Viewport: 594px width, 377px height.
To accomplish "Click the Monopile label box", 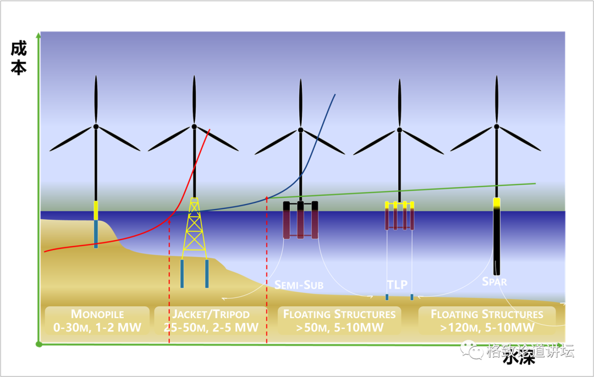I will click(97, 321).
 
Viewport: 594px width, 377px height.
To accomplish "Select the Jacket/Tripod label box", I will click(211, 321).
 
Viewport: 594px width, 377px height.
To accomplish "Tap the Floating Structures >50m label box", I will click(339, 321).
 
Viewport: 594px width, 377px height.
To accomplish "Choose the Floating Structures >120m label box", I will click(487, 321).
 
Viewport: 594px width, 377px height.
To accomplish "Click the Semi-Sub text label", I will click(299, 285).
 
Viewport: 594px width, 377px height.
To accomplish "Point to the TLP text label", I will click(397, 285).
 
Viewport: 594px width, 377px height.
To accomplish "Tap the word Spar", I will click(494, 282).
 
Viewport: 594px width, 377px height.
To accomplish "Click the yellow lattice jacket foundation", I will click(194, 228).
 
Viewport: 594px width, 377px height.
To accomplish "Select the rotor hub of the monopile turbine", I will click(96, 126).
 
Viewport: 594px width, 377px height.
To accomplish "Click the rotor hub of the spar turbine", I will click(496, 126).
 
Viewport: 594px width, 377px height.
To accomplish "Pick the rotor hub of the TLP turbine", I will click(399, 130).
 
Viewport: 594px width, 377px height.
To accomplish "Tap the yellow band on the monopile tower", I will click(96, 210).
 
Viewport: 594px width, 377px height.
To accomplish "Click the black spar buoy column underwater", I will click(497, 242).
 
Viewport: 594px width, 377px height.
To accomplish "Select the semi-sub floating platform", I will click(300, 220).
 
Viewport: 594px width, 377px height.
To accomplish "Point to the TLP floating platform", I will click(399, 215).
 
